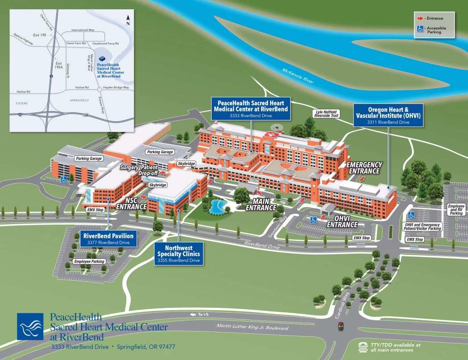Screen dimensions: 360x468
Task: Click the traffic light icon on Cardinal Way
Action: [341, 327]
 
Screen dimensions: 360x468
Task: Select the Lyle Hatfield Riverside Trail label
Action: [326, 114]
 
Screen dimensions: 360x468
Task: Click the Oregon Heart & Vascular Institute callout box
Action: [389, 115]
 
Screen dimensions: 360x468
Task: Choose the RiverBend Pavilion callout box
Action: [108, 239]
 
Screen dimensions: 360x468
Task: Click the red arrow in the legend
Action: [420, 18]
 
